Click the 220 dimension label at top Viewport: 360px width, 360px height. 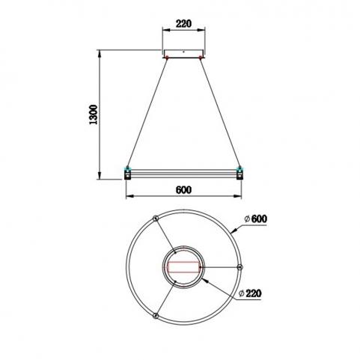pos(183,24)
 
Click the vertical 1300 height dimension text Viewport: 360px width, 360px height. pos(94,115)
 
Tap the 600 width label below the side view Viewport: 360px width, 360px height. pos(183,190)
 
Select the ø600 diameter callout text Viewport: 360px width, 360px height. pos(256,219)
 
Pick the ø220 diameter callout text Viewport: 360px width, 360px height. pos(250,293)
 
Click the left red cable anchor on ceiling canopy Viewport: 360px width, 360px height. pos(167,58)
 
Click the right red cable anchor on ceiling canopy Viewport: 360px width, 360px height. pos(201,58)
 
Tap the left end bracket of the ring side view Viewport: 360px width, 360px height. pos(128,173)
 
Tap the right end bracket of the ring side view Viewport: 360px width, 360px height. pos(240,173)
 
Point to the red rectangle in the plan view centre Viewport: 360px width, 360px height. pos(183,267)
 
